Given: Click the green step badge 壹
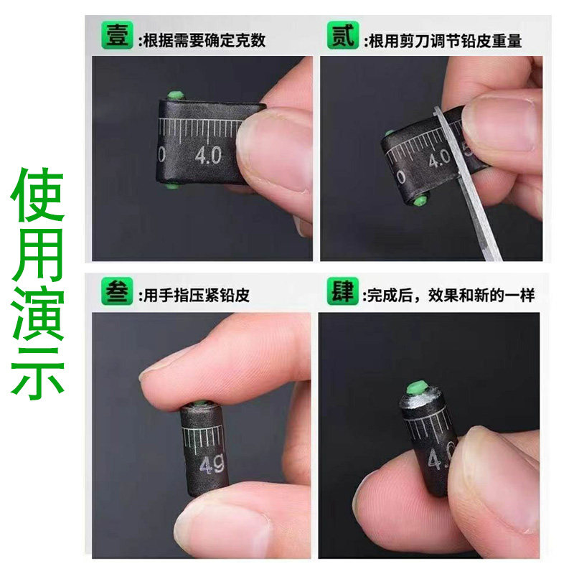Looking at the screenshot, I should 117,37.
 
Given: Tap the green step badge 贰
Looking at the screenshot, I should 343,37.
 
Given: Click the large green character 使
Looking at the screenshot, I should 38,197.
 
